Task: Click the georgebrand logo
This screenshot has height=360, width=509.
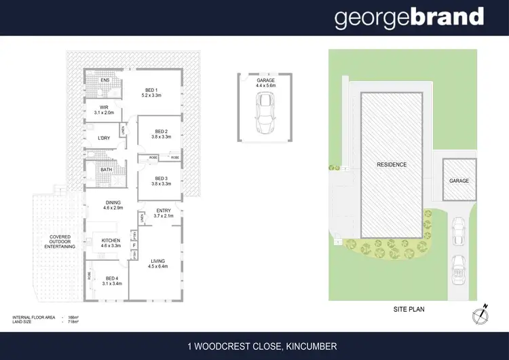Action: (409, 18)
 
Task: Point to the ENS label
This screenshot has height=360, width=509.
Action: (105, 80)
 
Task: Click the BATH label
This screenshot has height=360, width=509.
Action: (106, 170)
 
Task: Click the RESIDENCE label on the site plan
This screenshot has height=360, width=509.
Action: (392, 165)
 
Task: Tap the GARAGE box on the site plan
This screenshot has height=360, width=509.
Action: (459, 181)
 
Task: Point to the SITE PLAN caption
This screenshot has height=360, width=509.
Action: (409, 308)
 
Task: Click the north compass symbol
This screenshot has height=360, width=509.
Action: (480, 314)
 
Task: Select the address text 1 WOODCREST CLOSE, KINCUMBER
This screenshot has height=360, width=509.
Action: (262, 347)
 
